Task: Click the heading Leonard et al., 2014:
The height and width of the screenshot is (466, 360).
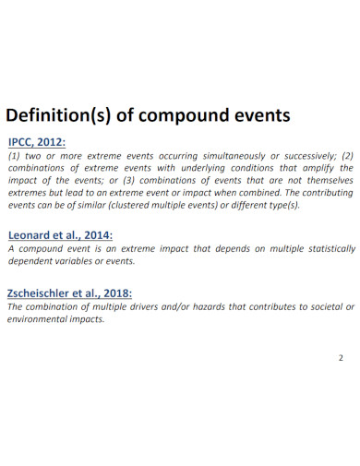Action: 61,234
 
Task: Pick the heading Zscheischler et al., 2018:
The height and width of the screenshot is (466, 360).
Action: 70,293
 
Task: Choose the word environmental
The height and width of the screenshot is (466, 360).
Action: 41,319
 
